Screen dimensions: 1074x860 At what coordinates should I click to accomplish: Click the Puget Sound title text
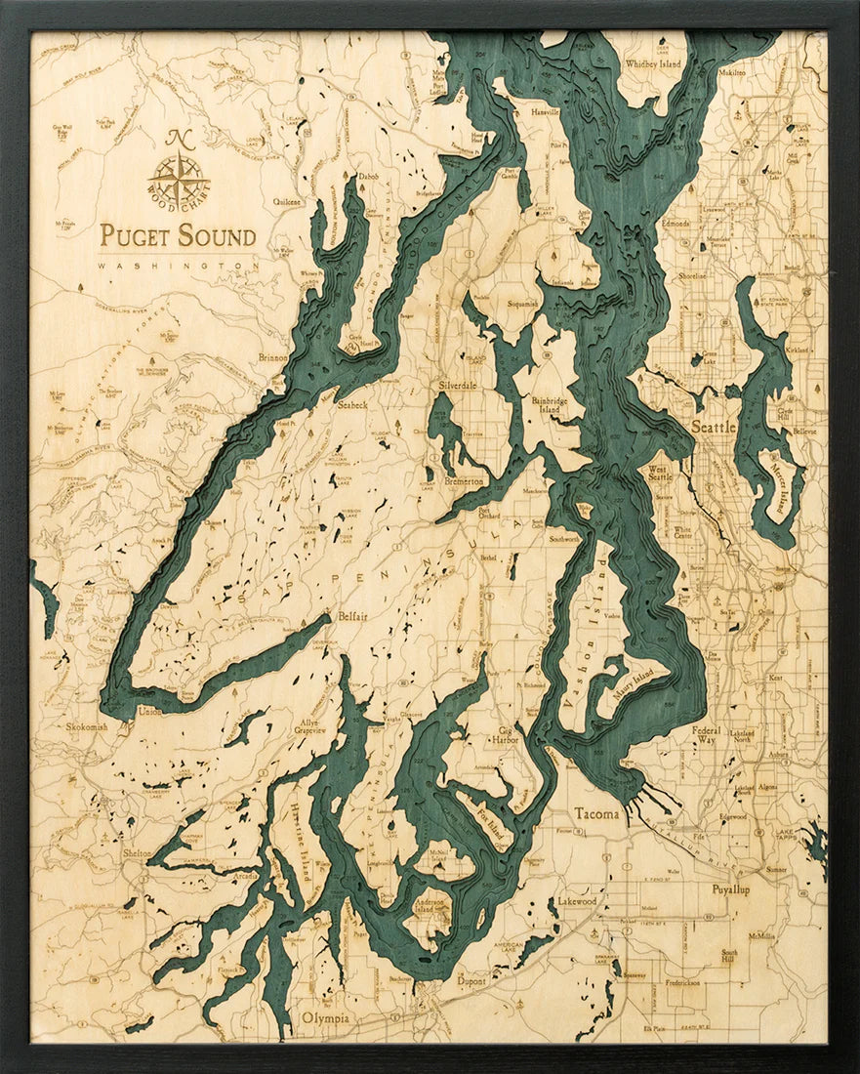178,236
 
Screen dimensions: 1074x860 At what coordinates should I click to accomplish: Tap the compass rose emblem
179,179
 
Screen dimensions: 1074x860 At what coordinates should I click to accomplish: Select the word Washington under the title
178,265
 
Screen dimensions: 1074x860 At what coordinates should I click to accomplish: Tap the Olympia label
325,1018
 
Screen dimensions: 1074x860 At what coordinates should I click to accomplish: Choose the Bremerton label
464,481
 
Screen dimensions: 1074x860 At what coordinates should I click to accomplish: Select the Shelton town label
136,852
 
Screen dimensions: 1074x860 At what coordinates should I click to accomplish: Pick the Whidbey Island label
653,64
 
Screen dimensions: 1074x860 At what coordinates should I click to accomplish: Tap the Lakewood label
577,901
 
